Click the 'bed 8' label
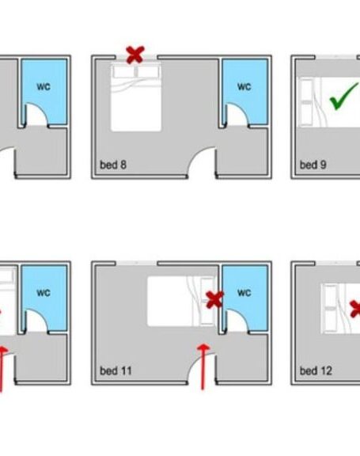[113, 165]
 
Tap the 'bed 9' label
[313, 165]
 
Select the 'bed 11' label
[116, 370]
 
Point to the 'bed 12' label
[316, 370]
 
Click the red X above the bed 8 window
[135, 55]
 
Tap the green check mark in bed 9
[343, 96]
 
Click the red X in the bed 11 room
[214, 300]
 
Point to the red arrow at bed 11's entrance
[203, 367]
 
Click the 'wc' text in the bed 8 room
[244, 86]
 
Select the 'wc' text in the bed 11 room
[244, 292]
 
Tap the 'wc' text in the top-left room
[44, 86]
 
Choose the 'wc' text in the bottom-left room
[44, 292]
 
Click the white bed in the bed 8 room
[135, 97]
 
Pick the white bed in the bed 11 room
[182, 301]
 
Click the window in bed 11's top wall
[137, 263]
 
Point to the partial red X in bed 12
[355, 309]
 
